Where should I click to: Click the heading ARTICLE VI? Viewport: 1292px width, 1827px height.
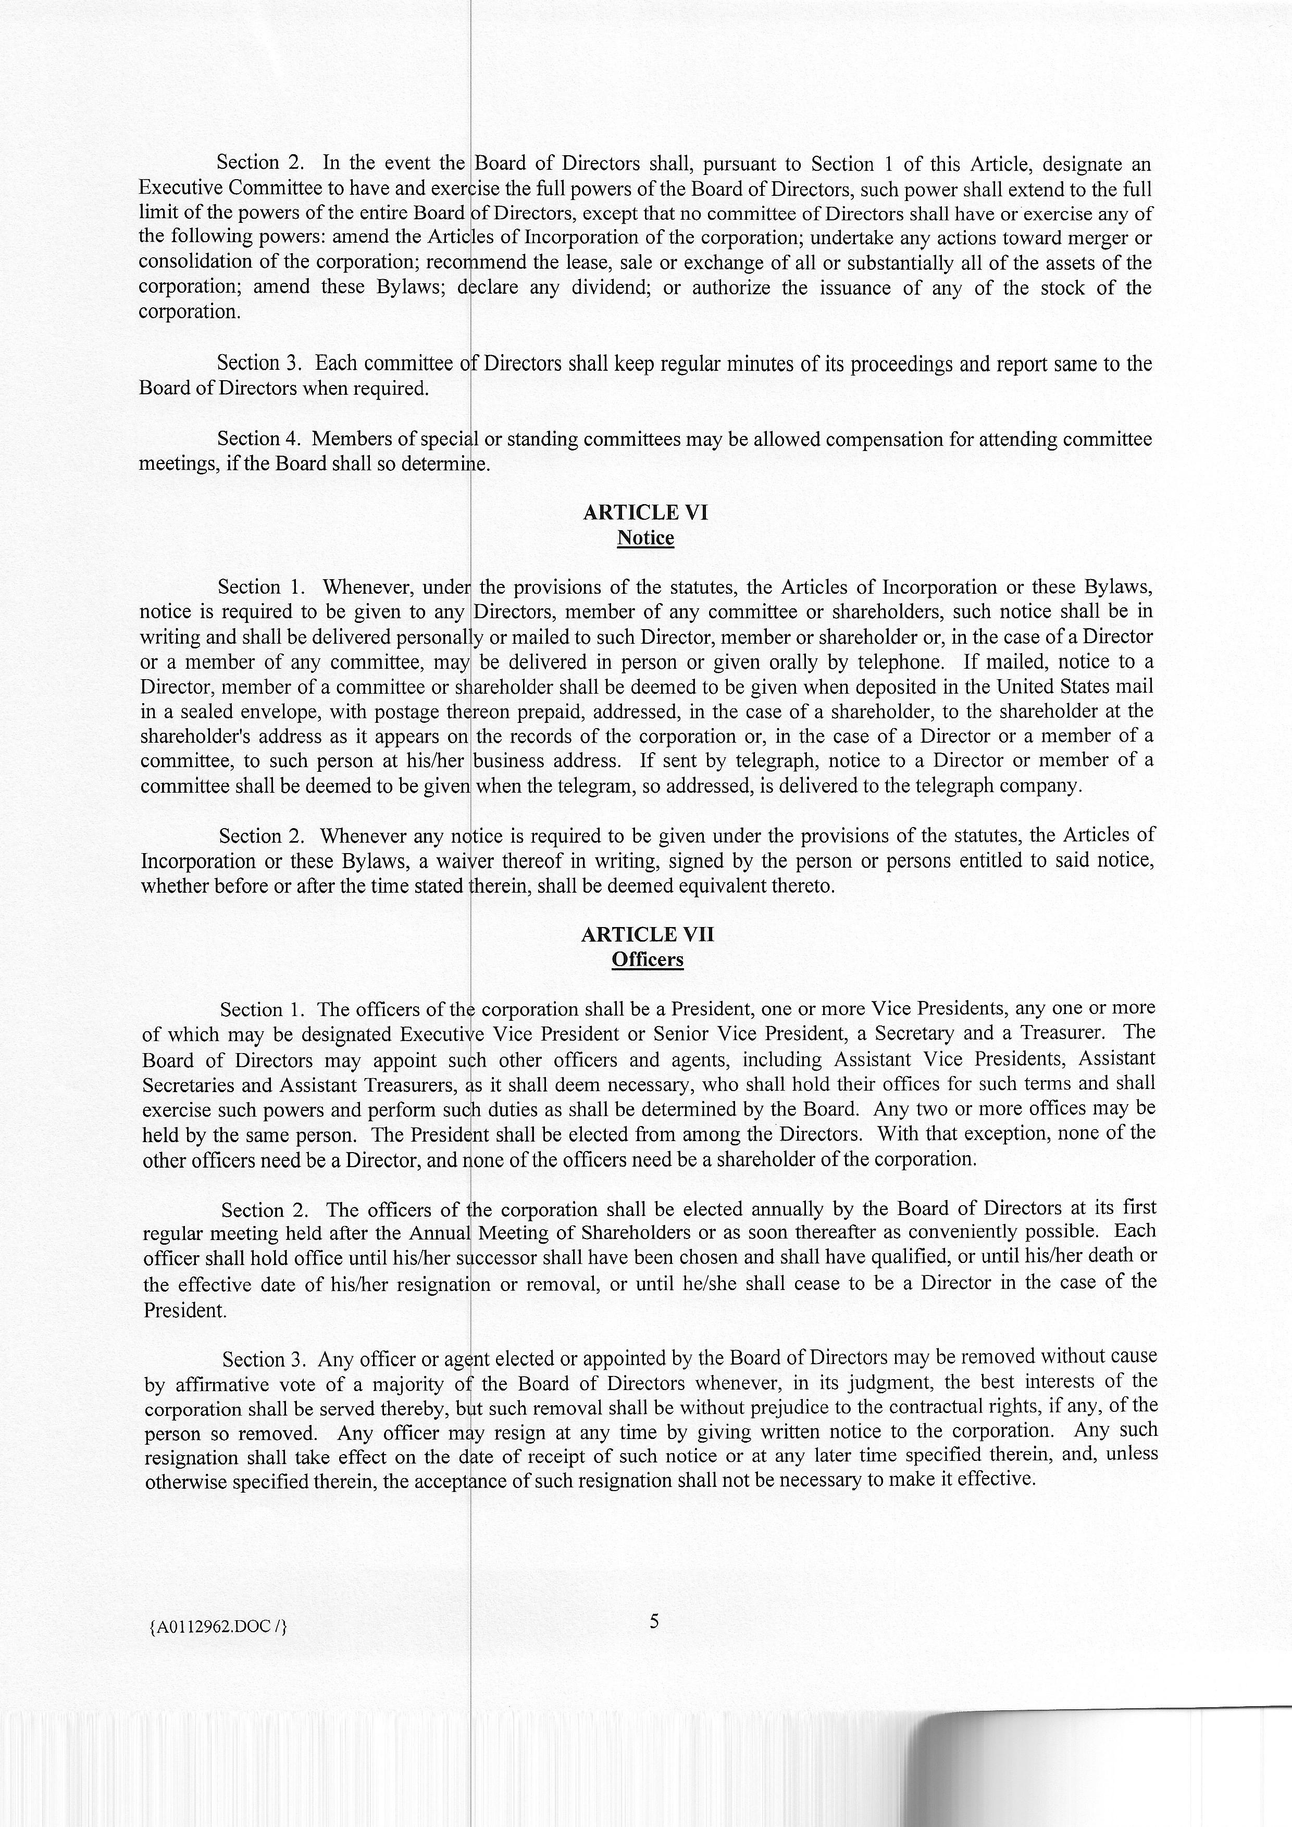(645, 512)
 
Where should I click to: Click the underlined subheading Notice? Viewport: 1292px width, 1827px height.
(645, 538)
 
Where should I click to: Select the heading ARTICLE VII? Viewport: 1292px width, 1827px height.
(647, 934)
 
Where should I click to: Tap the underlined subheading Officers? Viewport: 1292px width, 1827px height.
(647, 960)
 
